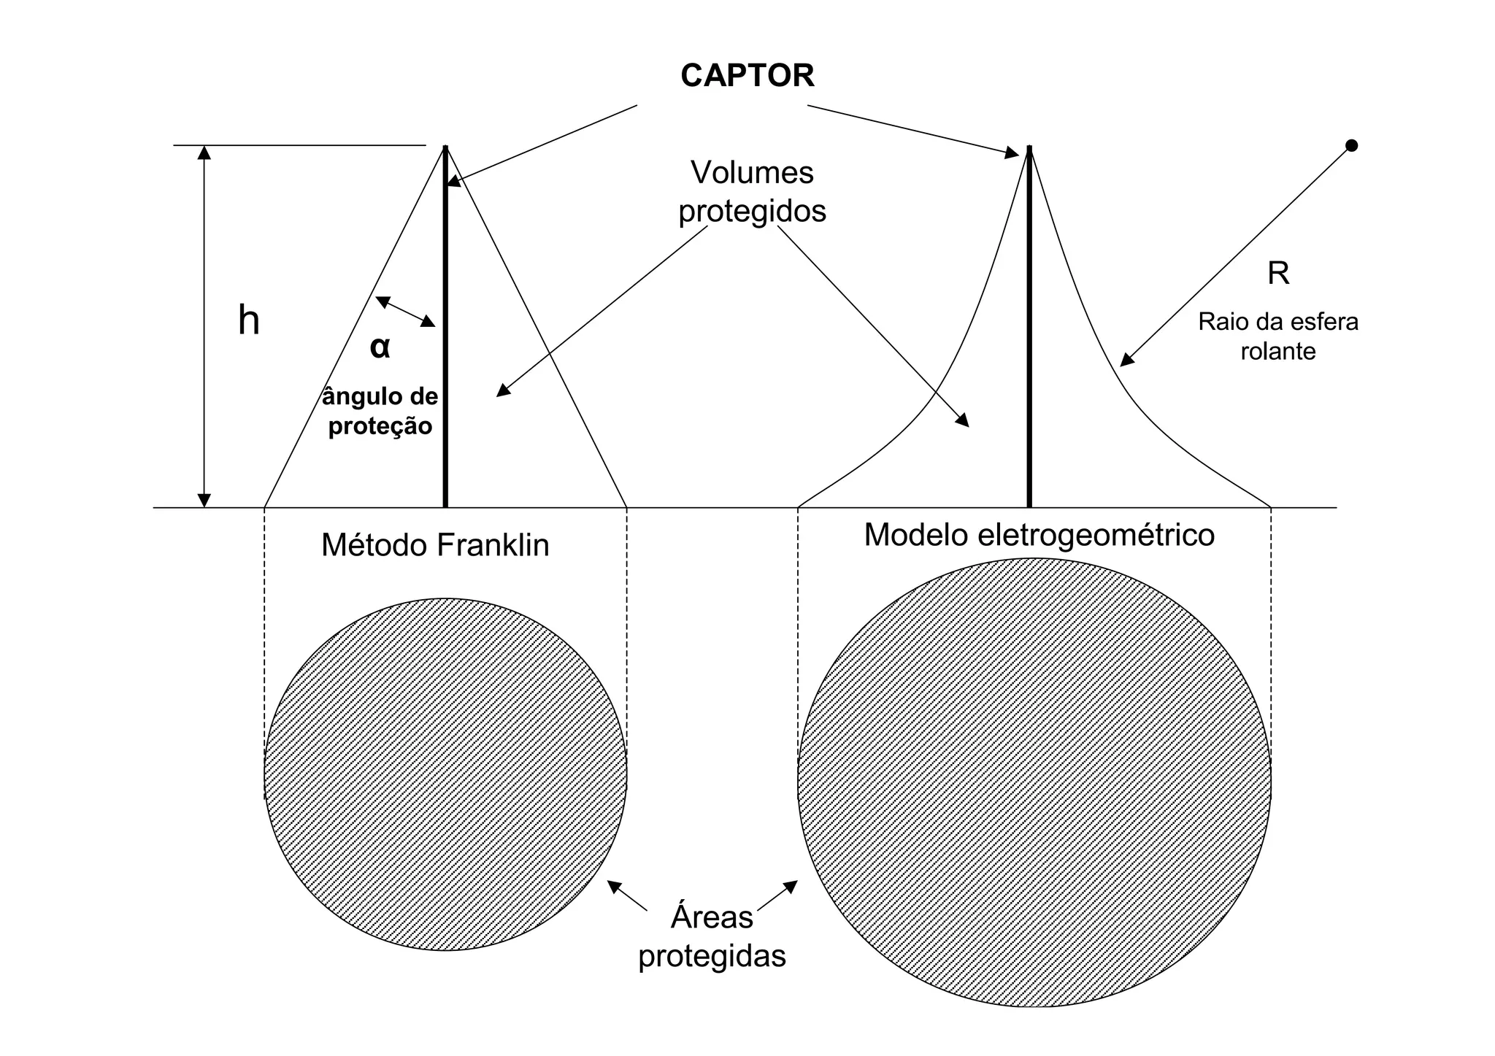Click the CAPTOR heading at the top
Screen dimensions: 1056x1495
(x=747, y=76)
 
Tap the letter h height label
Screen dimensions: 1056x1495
(x=249, y=321)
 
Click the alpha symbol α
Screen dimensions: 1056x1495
(x=380, y=347)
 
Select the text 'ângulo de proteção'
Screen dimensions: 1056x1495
(x=380, y=411)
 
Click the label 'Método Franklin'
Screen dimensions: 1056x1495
(x=435, y=545)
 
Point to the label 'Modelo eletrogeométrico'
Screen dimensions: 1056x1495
(x=1039, y=535)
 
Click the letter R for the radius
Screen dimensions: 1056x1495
(x=1278, y=274)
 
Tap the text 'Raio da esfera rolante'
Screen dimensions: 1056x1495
(x=1277, y=336)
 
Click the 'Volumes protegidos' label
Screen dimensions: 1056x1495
(x=752, y=192)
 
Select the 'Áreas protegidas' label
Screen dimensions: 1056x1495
(x=712, y=936)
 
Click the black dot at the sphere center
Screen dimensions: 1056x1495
(x=1351, y=146)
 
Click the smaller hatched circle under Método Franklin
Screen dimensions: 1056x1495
(x=445, y=774)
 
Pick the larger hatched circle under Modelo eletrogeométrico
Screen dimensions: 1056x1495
(x=1034, y=782)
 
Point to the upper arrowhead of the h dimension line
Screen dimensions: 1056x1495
(x=205, y=153)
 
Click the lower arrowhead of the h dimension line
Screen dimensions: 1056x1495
(x=205, y=500)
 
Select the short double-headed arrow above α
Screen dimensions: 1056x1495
(x=405, y=312)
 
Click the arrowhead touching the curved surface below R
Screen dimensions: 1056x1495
(x=1127, y=359)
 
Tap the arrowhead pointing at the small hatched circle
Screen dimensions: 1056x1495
(x=615, y=886)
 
